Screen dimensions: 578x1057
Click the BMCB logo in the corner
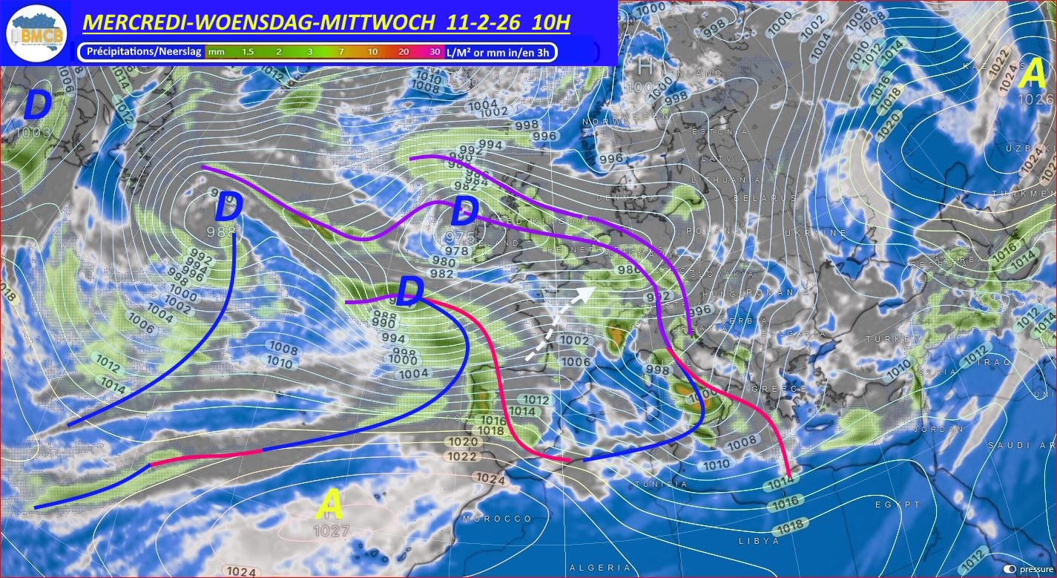[x=36, y=33]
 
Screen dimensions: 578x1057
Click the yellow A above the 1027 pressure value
[x=329, y=507]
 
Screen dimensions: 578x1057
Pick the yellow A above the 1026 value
[x=1033, y=73]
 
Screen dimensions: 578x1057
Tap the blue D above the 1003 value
[x=36, y=107]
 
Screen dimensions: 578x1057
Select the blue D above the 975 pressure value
[x=464, y=212]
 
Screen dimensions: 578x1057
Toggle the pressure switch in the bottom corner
[x=1010, y=569]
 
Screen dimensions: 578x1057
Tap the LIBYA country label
[x=759, y=541]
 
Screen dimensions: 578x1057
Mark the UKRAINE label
[x=821, y=233]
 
